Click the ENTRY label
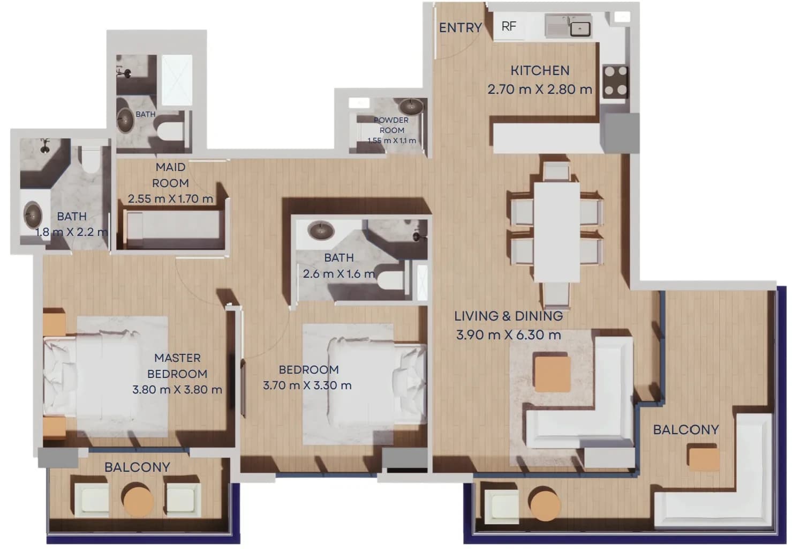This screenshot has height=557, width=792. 461,27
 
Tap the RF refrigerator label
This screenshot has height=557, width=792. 509,26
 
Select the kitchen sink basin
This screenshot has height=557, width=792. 580,28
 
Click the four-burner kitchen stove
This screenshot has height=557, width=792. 616,81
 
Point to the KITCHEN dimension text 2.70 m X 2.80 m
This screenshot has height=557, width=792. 540,90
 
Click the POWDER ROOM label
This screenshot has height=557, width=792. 391,125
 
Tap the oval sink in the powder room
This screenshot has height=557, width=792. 411,106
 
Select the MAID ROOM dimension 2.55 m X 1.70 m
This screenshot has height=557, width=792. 170,199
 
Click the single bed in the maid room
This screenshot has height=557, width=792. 174,229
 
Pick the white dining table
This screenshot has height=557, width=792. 556,232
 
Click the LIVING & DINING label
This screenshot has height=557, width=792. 508,316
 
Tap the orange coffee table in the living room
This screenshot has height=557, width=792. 553,374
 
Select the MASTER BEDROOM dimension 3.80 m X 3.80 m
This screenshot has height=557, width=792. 177,390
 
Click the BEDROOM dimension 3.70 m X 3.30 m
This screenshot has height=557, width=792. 307,385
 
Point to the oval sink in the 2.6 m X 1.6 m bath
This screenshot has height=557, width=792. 321,231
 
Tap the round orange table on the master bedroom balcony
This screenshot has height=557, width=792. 138,500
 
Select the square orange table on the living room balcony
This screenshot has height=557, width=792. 704,458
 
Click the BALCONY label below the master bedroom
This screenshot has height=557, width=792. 137,467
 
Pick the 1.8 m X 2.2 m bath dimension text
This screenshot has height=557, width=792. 72,232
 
